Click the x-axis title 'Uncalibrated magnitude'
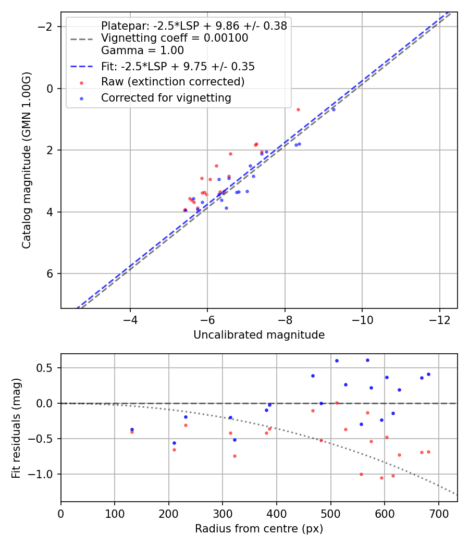259,335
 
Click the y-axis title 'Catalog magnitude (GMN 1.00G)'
27,160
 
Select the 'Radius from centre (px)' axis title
259,529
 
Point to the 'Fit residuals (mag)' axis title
16,428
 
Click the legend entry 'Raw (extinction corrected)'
172,82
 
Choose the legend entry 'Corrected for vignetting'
166,97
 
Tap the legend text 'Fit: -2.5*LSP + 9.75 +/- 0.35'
178,67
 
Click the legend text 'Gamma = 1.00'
142,51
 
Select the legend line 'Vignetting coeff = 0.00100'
175,38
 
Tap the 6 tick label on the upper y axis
50,274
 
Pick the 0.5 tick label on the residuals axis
47,368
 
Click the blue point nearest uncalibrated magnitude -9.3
334,109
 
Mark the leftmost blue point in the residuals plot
132,429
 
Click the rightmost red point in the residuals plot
428,452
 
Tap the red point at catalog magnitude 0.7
298,109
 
